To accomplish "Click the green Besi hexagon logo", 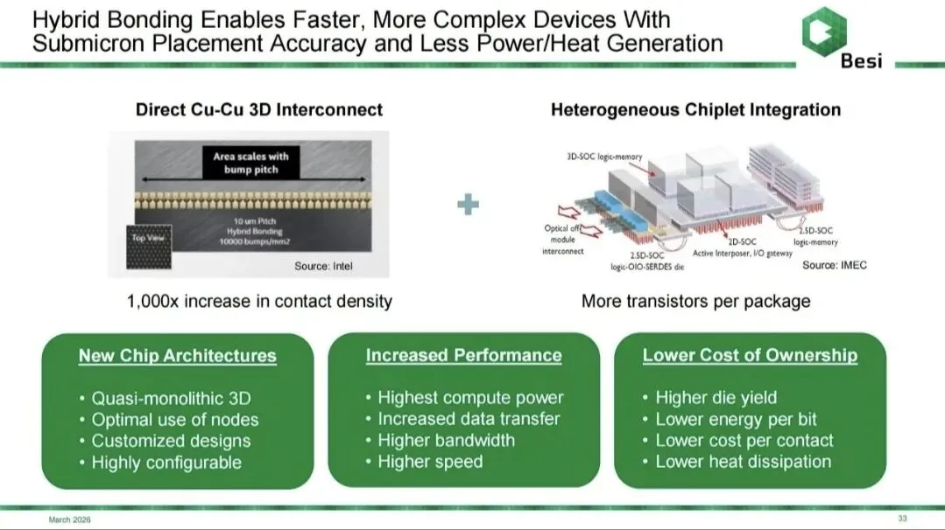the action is [823, 28].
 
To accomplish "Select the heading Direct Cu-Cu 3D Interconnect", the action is [259, 109].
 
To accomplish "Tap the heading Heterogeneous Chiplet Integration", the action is [695, 109].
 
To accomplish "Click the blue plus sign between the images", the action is [469, 205].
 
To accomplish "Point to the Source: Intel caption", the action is [322, 266].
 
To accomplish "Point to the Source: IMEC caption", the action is [834, 265].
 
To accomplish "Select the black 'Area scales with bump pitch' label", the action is [251, 163].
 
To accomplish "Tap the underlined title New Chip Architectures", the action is [177, 356].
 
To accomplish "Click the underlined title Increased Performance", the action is [463, 355].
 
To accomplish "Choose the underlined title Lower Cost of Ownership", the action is [750, 355].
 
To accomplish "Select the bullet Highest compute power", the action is [469, 398].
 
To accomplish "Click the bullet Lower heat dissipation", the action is [743, 462].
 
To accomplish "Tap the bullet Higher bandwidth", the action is [446, 441].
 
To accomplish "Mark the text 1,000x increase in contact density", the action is [259, 301].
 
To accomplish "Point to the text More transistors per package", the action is [695, 301].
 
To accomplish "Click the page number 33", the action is [903, 519].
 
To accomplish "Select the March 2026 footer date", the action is [69, 520].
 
